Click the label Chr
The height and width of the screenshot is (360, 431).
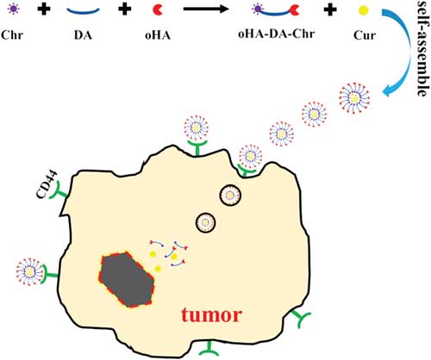[x=12, y=35]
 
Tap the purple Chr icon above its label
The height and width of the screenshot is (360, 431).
[x=13, y=9]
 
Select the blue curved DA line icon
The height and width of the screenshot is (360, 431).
[x=83, y=11]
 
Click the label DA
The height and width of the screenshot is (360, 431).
[x=83, y=35]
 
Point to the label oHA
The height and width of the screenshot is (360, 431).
[x=158, y=35]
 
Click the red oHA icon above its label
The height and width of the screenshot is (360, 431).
[x=158, y=9]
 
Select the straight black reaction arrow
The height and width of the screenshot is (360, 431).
[x=206, y=9]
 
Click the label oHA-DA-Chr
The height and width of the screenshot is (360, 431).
[x=277, y=34]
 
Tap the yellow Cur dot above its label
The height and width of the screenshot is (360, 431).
[x=364, y=10]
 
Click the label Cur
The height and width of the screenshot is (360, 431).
[x=365, y=35]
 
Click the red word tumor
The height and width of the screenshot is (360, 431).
[x=211, y=315]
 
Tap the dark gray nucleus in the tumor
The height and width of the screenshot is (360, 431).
[x=127, y=280]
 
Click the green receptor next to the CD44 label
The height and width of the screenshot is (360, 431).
[x=59, y=191]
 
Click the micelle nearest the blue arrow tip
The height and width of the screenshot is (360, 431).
[x=354, y=98]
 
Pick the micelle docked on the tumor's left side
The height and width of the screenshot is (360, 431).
[x=29, y=272]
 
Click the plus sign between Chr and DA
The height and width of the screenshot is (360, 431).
[x=44, y=9]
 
